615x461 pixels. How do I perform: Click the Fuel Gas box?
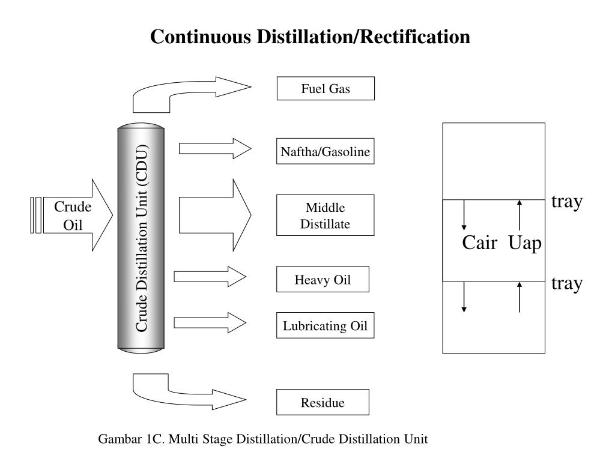pyautogui.click(x=326, y=89)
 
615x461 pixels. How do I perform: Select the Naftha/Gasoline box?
pyautogui.click(x=325, y=151)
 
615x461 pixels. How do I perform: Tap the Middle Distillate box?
pyautogui.click(x=325, y=215)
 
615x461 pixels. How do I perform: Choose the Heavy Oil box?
pyautogui.click(x=323, y=279)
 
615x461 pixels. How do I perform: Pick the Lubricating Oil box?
pyautogui.click(x=325, y=325)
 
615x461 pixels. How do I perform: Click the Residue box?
pyautogui.click(x=323, y=402)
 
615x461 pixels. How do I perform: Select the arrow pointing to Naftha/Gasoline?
pyautogui.click(x=215, y=149)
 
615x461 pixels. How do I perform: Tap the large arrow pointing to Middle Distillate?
pyautogui.click(x=215, y=215)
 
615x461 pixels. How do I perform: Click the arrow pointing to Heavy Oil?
pyautogui.click(x=210, y=277)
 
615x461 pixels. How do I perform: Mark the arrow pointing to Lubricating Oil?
pyautogui.click(x=210, y=323)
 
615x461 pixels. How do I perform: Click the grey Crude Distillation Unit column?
pyautogui.click(x=141, y=238)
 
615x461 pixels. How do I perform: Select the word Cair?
pyautogui.click(x=480, y=243)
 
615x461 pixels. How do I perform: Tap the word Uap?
pyautogui.click(x=525, y=244)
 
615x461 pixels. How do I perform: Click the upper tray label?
pyautogui.click(x=567, y=202)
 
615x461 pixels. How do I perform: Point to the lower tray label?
pyautogui.click(x=567, y=284)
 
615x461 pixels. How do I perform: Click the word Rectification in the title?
pyautogui.click(x=415, y=37)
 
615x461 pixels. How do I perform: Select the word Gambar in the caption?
pyautogui.click(x=120, y=439)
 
